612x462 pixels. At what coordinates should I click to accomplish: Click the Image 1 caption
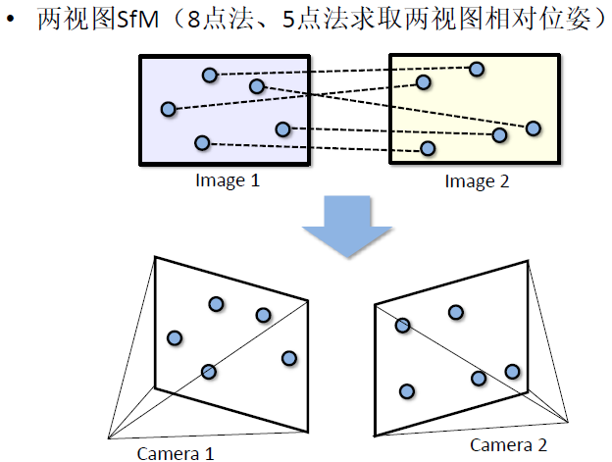(x=228, y=180)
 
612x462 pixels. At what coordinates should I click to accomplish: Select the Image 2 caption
(x=477, y=180)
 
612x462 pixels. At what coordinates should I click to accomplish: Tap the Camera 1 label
(x=176, y=452)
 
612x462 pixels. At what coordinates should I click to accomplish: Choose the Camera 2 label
(x=508, y=444)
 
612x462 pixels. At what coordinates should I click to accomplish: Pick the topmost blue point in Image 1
(x=209, y=75)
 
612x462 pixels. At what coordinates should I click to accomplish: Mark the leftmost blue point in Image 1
(x=168, y=109)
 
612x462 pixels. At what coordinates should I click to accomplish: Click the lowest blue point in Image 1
(x=201, y=143)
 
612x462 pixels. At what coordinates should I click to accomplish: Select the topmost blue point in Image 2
(x=477, y=69)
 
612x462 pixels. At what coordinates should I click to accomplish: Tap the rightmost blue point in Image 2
(x=534, y=128)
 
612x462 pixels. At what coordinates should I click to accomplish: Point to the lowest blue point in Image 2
(x=428, y=148)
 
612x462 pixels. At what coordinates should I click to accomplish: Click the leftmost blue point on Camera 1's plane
(x=175, y=338)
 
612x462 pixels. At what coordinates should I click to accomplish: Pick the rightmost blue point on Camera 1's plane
(x=288, y=358)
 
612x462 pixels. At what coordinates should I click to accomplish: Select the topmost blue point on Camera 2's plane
(x=455, y=312)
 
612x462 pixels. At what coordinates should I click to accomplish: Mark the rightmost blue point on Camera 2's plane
(x=512, y=371)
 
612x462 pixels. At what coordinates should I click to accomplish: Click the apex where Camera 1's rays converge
(x=107, y=438)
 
